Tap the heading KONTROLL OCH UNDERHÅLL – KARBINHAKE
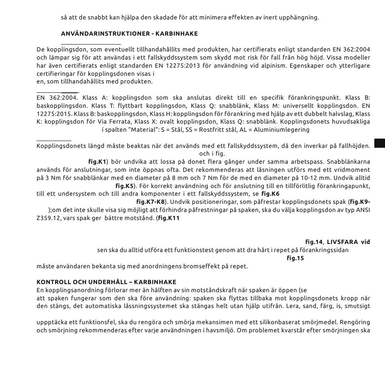106,282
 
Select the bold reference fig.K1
97,161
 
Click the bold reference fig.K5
124,186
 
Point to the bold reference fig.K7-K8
150,201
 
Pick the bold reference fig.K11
169,218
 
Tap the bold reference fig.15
295,258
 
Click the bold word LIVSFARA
342,242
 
